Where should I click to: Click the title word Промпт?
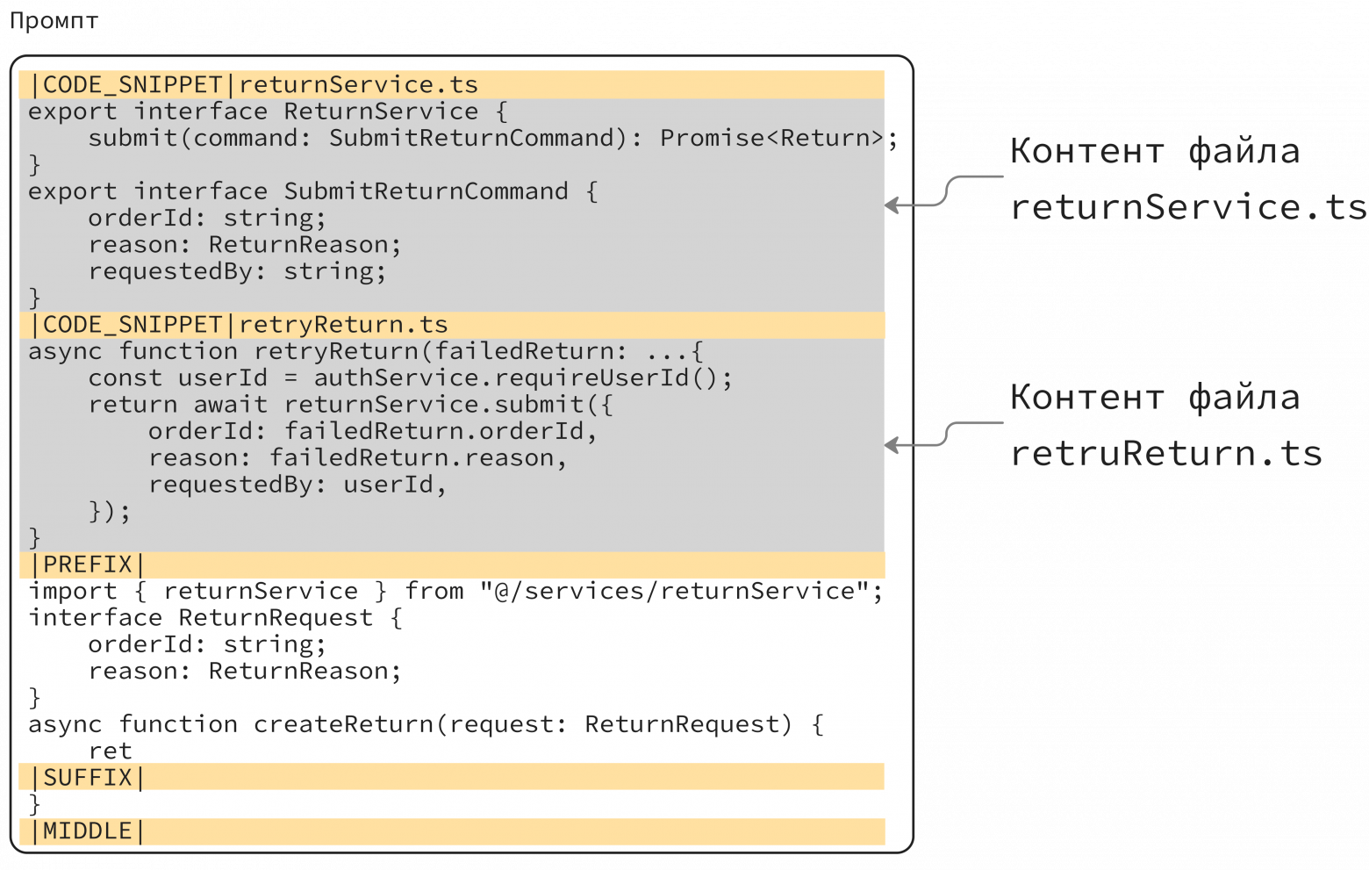click(54, 21)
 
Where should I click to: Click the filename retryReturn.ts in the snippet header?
click(343, 325)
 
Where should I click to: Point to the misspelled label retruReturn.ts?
click(1166, 454)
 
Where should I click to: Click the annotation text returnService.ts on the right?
click(1188, 207)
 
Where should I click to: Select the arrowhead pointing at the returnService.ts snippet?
click(892, 205)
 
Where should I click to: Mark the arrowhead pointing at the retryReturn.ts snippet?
click(892, 446)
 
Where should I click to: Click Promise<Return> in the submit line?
click(771, 138)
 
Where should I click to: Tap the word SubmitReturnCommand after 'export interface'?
click(426, 191)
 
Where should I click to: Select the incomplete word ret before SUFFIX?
click(110, 751)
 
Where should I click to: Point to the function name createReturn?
click(343, 724)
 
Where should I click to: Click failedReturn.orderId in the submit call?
click(434, 432)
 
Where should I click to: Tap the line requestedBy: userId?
click(298, 485)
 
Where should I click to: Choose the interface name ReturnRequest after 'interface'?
click(276, 618)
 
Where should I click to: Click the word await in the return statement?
click(231, 405)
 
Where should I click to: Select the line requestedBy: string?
click(238, 271)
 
